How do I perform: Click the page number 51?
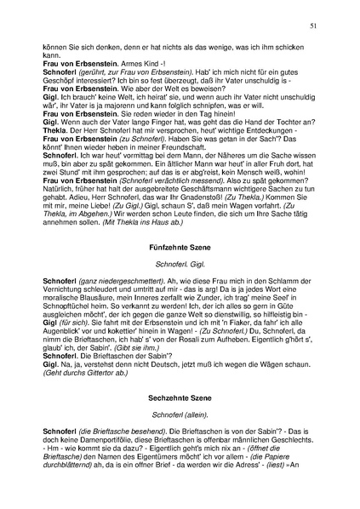313,28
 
